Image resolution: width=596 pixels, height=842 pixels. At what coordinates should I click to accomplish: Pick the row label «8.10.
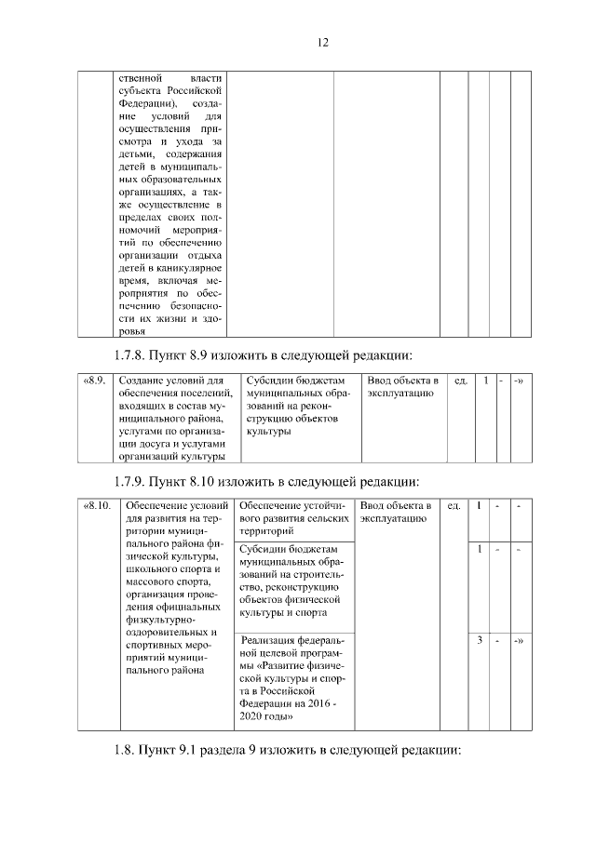coord(98,506)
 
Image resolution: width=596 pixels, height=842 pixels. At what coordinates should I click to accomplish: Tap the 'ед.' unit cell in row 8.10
coord(453,506)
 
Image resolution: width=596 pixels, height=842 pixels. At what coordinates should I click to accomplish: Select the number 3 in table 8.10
coord(478,640)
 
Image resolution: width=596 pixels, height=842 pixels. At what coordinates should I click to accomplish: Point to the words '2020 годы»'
coord(267,717)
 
